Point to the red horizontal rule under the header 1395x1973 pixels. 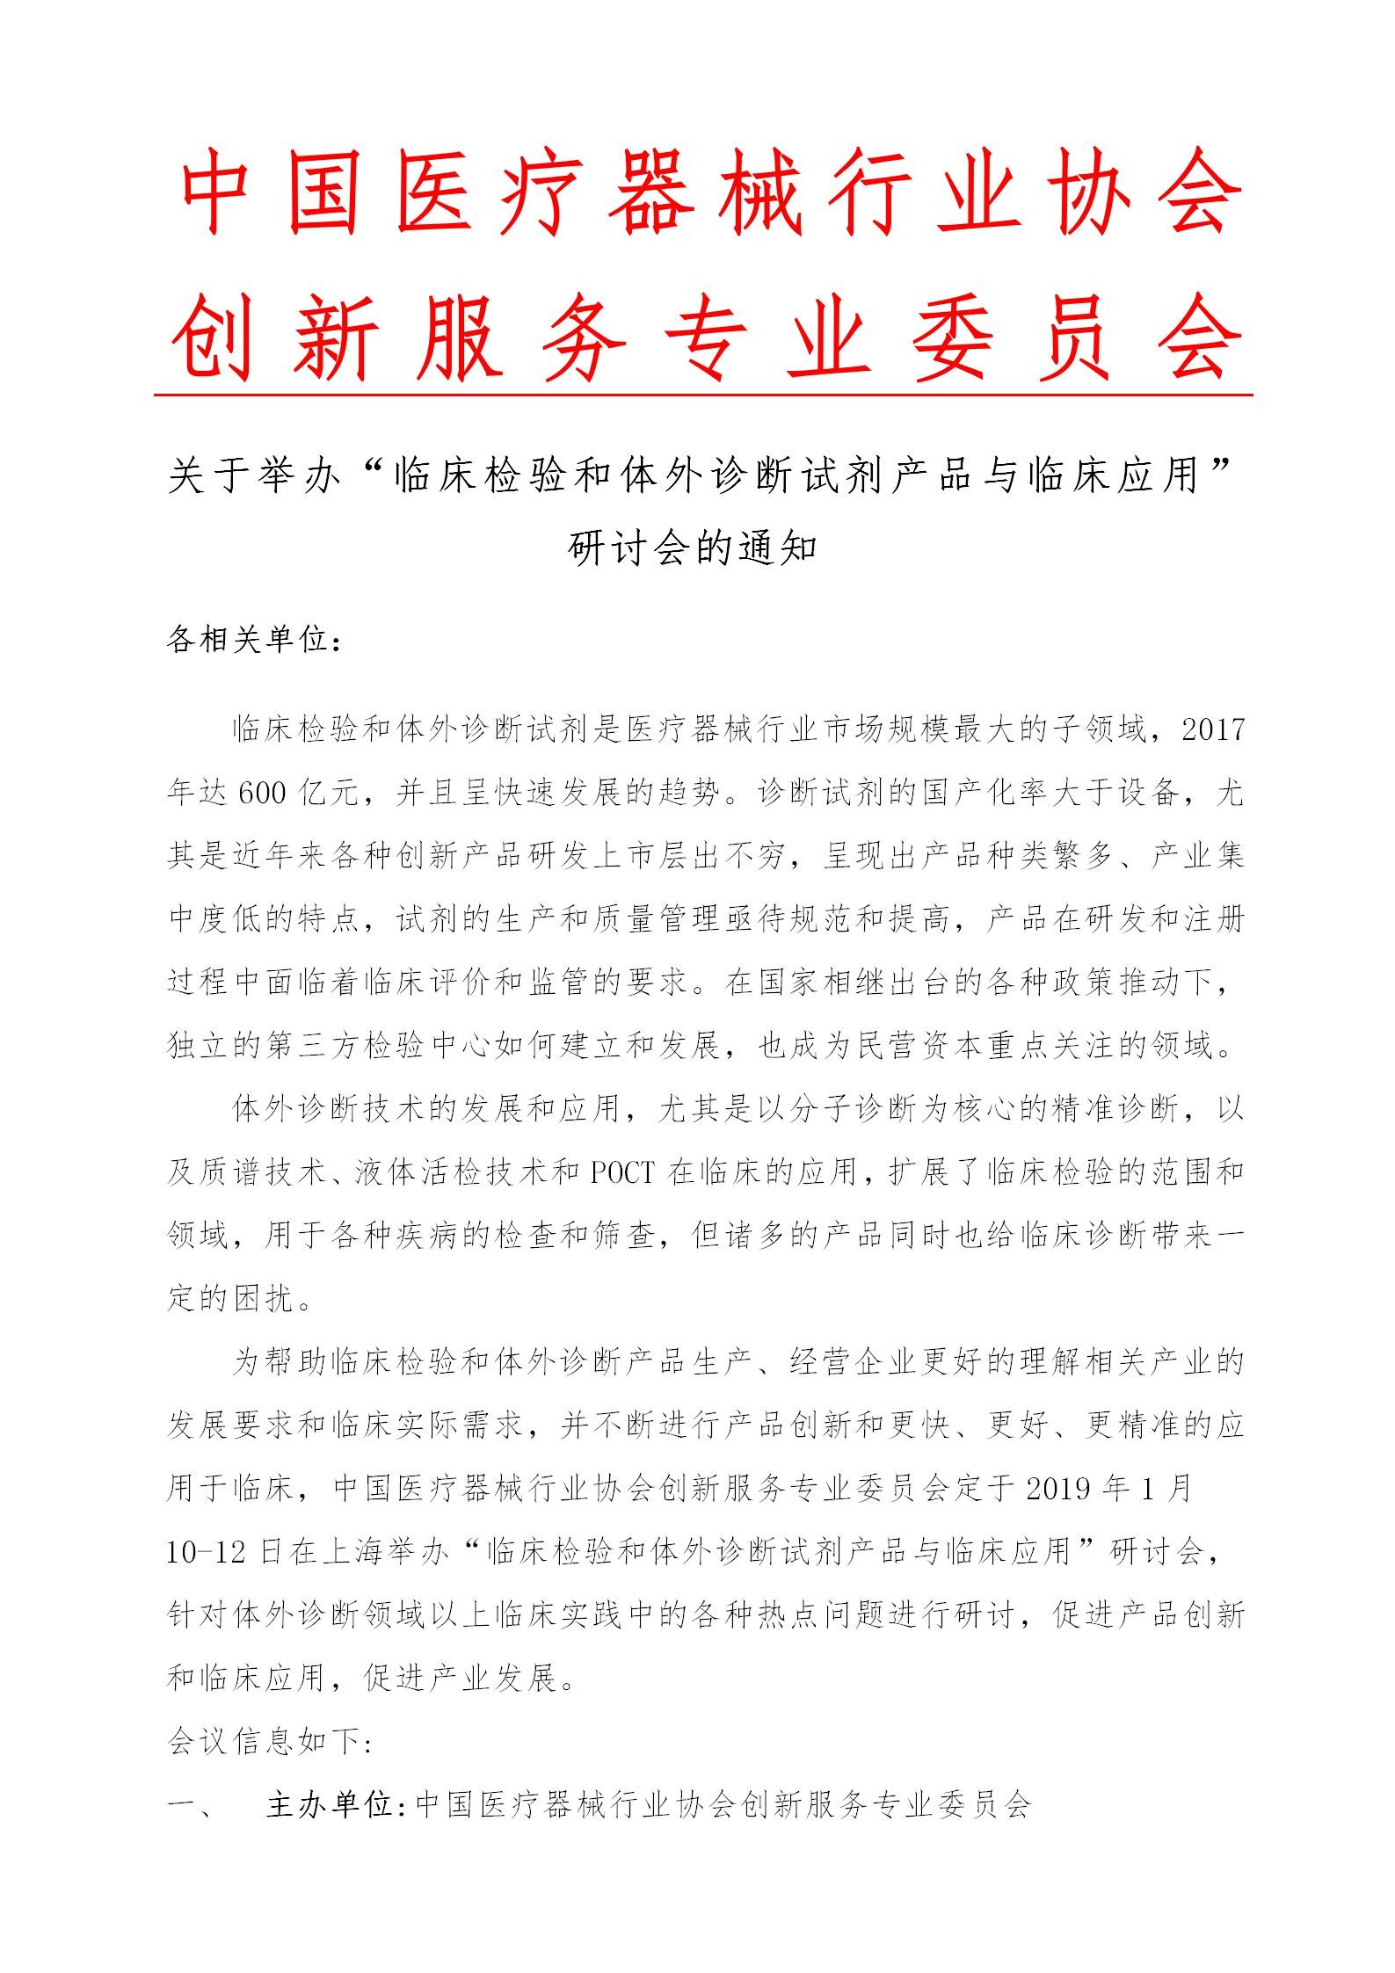click(703, 395)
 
